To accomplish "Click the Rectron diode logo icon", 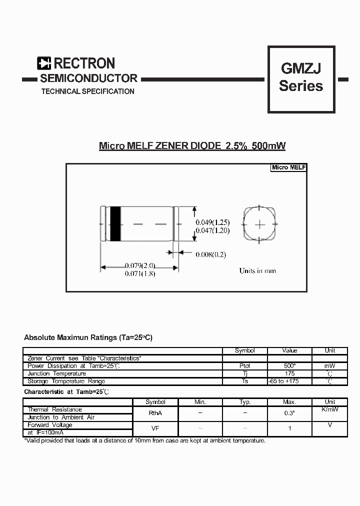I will [x=44, y=63].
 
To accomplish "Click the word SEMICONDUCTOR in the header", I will [x=88, y=78].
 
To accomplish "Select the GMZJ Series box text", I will [x=301, y=77].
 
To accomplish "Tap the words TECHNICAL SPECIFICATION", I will [x=87, y=91].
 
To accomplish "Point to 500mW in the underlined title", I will [x=268, y=146].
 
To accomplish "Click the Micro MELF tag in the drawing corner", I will [x=288, y=167].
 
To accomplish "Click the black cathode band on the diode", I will [x=115, y=224].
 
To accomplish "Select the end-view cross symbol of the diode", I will [x=260, y=224].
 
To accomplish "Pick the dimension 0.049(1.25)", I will [x=212, y=222].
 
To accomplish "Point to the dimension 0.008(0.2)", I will [x=210, y=254].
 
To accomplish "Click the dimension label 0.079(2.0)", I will [x=140, y=265].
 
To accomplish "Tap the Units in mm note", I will [x=257, y=271].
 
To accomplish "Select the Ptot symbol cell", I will [x=245, y=366].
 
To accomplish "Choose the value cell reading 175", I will [x=289, y=373].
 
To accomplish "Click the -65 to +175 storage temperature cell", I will [x=289, y=381].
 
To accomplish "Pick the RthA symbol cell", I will [x=155, y=413].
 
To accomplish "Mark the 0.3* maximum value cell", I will [x=289, y=413].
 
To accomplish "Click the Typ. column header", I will [x=245, y=402].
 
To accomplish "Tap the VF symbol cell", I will [x=155, y=428].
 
